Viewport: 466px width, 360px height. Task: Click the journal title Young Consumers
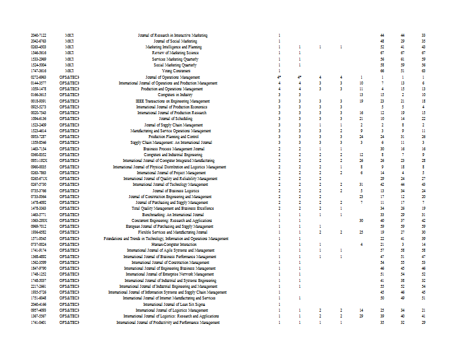click(x=168, y=71)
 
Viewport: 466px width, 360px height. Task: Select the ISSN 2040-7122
click(x=38, y=36)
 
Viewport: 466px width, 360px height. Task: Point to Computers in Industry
click(x=168, y=95)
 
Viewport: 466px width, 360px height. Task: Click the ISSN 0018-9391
click(x=38, y=101)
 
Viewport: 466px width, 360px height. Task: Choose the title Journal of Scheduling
click(x=168, y=119)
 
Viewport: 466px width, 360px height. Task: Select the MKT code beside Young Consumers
click(x=69, y=71)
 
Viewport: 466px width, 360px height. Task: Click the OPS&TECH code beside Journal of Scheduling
click(x=69, y=119)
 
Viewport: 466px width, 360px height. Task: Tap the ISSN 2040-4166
click(x=38, y=304)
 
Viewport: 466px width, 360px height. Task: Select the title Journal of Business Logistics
click(x=168, y=190)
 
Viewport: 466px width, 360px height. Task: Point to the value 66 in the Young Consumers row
click(x=382, y=71)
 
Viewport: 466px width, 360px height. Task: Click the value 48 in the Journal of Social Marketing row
click(x=382, y=41)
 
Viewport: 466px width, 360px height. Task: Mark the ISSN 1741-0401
click(x=38, y=322)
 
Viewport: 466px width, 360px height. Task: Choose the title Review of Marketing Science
click(x=168, y=53)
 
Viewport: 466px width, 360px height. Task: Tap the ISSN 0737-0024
click(x=38, y=244)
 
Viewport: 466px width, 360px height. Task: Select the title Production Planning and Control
click(x=168, y=136)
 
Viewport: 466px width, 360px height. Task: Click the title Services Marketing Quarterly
click(x=168, y=59)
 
